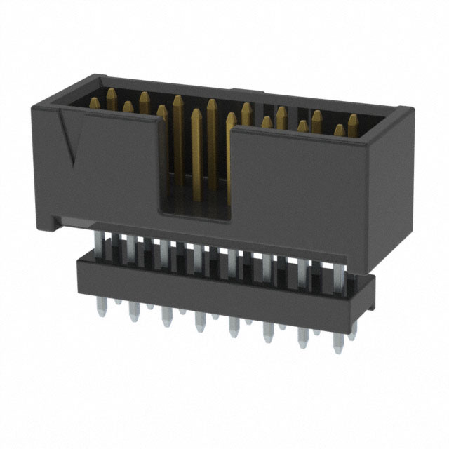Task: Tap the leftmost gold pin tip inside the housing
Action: click(x=112, y=94)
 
